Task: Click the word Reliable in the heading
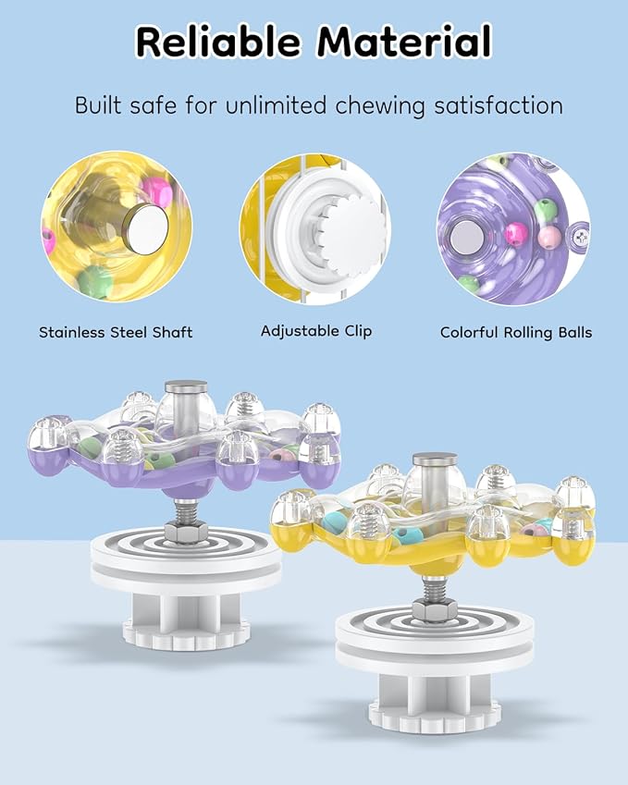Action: pyautogui.click(x=217, y=41)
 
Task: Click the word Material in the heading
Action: pyautogui.click(x=404, y=41)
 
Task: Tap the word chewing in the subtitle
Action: pyautogui.click(x=379, y=106)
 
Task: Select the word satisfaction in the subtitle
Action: pyautogui.click(x=499, y=105)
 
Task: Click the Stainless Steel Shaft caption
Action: pyautogui.click(x=116, y=333)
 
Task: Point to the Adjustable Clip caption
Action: pyautogui.click(x=316, y=331)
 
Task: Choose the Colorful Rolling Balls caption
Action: pyautogui.click(x=516, y=333)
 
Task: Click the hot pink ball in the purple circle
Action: pyautogui.click(x=516, y=234)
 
